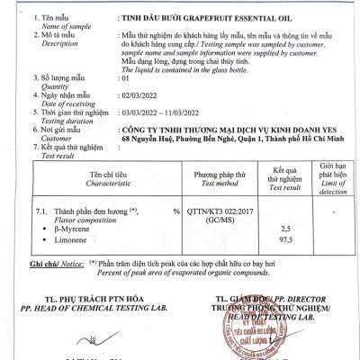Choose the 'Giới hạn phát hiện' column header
tap(331, 175)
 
